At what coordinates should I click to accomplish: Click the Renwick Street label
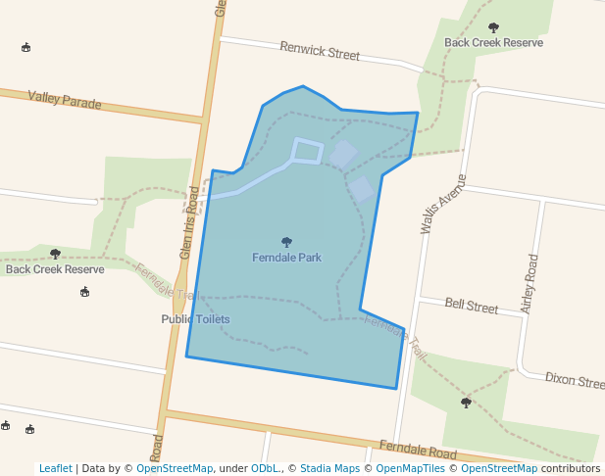pyautogui.click(x=320, y=50)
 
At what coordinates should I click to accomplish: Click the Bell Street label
pyautogui.click(x=472, y=307)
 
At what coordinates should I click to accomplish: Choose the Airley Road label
pyautogui.click(x=530, y=284)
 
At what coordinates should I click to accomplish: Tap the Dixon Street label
pyautogui.click(x=575, y=380)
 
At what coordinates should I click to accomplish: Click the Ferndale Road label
pyautogui.click(x=418, y=451)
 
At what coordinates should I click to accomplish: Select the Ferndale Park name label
pyautogui.click(x=286, y=259)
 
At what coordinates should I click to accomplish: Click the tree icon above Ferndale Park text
pyautogui.click(x=286, y=242)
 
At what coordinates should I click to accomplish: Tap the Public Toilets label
pyautogui.click(x=195, y=319)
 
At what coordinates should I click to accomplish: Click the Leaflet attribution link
pyautogui.click(x=55, y=469)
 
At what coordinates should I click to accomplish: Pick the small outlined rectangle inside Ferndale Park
pyautogui.click(x=307, y=151)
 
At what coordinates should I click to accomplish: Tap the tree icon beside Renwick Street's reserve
pyautogui.click(x=492, y=28)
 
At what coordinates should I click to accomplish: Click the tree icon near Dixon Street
pyautogui.click(x=466, y=403)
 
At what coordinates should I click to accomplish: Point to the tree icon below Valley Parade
pyautogui.click(x=55, y=254)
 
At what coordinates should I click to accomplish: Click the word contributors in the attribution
pyautogui.click(x=570, y=469)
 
